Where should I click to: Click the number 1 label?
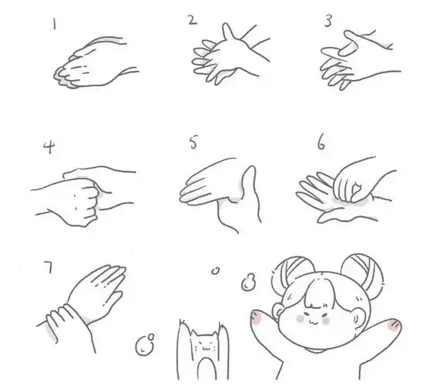point(54,25)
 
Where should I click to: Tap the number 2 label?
point(192,20)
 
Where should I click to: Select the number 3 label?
point(327,22)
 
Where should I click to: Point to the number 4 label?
point(48,146)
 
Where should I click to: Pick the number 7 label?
point(48,267)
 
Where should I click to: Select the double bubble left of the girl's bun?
point(247,283)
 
